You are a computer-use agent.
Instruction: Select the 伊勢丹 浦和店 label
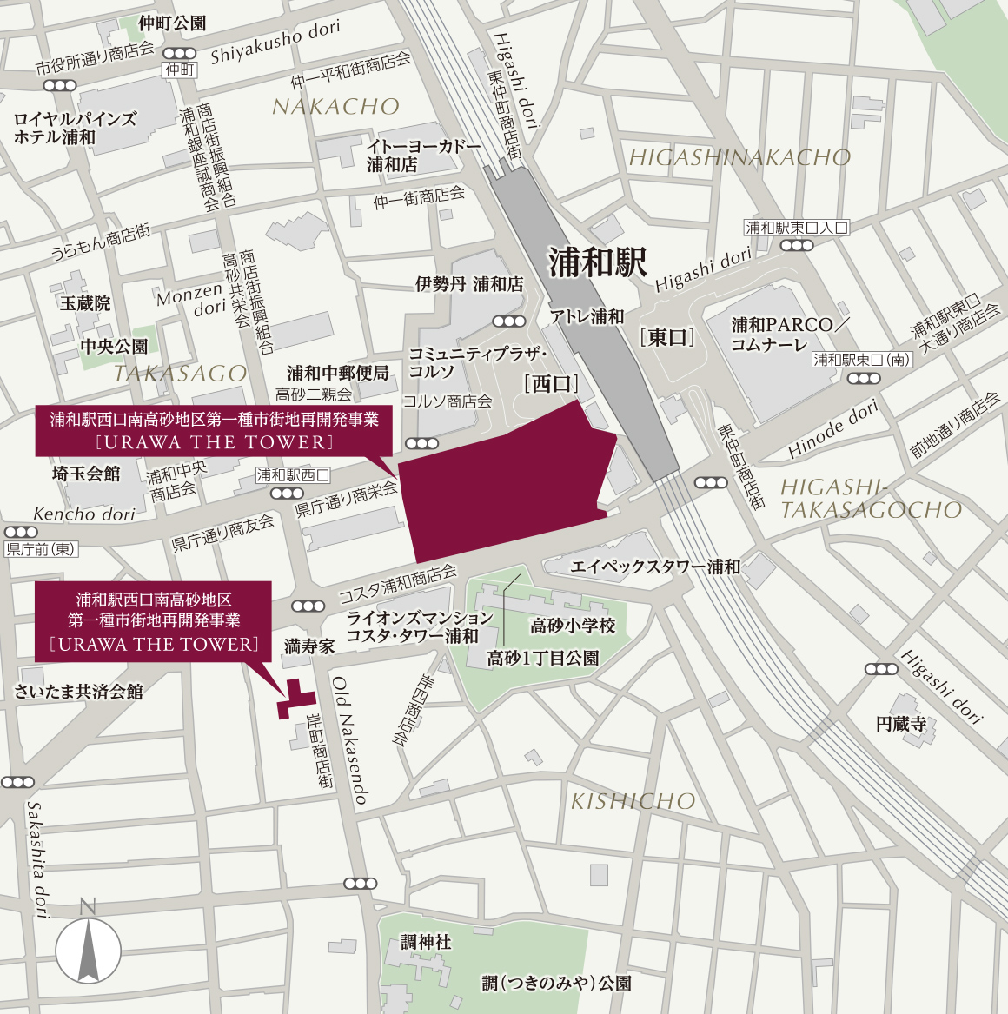469,284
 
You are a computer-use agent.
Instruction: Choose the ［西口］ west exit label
551,383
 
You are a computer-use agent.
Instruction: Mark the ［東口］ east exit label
667,337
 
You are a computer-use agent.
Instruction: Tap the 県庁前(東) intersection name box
41,549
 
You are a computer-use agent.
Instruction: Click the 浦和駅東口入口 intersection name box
796,228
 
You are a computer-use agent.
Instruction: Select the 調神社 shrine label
426,942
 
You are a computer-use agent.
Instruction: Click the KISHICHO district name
633,801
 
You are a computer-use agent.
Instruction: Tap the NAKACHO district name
335,107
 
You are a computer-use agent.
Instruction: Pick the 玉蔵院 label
85,303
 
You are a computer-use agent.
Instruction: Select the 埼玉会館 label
86,474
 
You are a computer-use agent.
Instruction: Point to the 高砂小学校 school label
573,626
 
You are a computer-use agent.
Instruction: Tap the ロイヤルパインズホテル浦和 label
75,128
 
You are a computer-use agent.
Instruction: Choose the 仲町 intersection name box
180,70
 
